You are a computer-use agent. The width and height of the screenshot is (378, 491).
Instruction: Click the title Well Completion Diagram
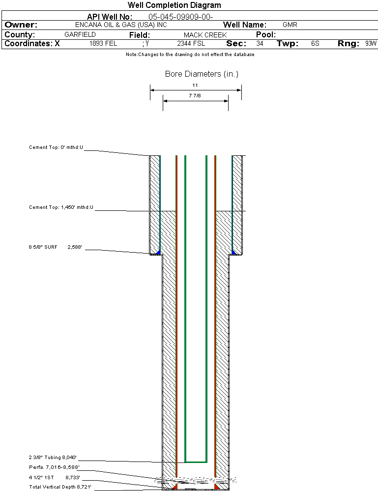pyautogui.click(x=174, y=5)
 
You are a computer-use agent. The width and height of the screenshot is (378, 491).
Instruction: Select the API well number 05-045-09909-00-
pyautogui.click(x=180, y=17)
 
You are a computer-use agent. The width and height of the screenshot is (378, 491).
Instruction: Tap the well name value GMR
pyautogui.click(x=290, y=25)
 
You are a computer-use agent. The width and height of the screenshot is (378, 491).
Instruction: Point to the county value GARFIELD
pyautogui.click(x=80, y=35)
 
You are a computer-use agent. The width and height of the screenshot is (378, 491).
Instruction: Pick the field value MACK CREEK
pyautogui.click(x=205, y=35)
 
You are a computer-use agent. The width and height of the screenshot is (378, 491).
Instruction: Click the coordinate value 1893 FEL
pyautogui.click(x=103, y=44)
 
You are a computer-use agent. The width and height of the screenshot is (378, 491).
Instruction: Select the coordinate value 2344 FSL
pyautogui.click(x=191, y=44)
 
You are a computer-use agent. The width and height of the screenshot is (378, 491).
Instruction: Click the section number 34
pyautogui.click(x=260, y=44)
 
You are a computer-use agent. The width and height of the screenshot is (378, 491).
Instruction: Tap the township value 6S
pyautogui.click(x=315, y=44)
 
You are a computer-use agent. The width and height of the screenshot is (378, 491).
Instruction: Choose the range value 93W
pyautogui.click(x=371, y=44)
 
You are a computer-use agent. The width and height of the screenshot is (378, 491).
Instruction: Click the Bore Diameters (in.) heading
pyautogui.click(x=202, y=74)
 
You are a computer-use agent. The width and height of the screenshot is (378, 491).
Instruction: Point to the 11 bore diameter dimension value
pyautogui.click(x=195, y=85)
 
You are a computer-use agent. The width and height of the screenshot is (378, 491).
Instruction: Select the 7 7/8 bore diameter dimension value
pyautogui.click(x=195, y=96)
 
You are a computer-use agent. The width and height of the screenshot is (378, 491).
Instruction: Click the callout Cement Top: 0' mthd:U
pyautogui.click(x=56, y=147)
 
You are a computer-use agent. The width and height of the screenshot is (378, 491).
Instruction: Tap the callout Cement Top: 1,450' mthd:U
pyautogui.click(x=61, y=207)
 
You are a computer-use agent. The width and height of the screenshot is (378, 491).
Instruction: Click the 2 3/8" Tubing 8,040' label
pyautogui.click(x=53, y=457)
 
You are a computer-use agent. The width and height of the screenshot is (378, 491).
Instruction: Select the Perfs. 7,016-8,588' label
pyautogui.click(x=54, y=467)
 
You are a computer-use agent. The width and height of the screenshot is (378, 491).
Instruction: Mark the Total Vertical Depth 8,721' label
pyautogui.click(x=60, y=487)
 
